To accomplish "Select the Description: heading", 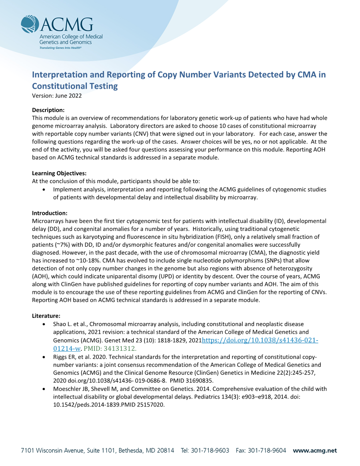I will click(49, 110).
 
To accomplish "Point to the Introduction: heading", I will click(49, 213).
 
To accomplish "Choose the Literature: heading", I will click(46, 316).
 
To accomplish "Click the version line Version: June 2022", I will click(57, 96).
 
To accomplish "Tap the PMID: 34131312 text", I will click(118, 348).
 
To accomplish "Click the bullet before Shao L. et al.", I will click(43, 324).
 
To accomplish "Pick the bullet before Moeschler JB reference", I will click(43, 389).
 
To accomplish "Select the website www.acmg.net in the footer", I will click(315, 451).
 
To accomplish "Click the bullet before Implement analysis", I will click(43, 189).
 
